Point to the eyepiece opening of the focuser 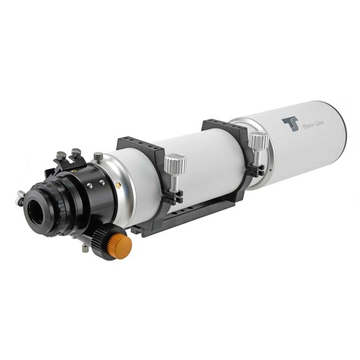[33, 206]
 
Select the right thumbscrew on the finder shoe [75, 150]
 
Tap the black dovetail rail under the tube [187, 215]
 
